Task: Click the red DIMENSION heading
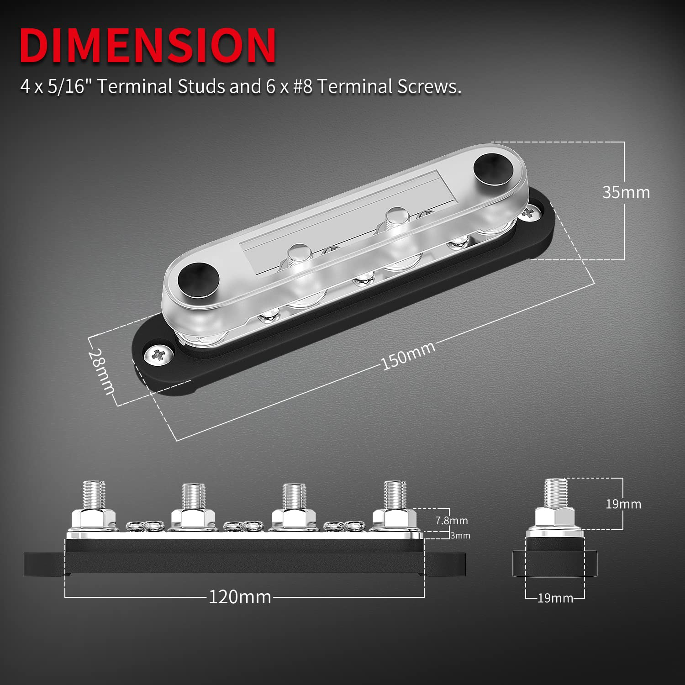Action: click(148, 45)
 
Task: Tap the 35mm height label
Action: click(626, 192)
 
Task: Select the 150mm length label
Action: click(408, 355)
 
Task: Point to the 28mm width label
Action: click(102, 371)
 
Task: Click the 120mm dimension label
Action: click(240, 597)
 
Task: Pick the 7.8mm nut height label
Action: click(451, 520)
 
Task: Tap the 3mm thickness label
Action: click(460, 536)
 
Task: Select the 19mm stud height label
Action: click(623, 504)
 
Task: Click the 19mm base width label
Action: click(555, 598)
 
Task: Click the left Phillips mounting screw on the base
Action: click(158, 354)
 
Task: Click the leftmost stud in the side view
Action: click(95, 495)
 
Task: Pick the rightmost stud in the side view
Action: click(395, 495)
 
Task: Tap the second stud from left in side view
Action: click(193, 497)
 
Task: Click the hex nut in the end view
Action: click(554, 517)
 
